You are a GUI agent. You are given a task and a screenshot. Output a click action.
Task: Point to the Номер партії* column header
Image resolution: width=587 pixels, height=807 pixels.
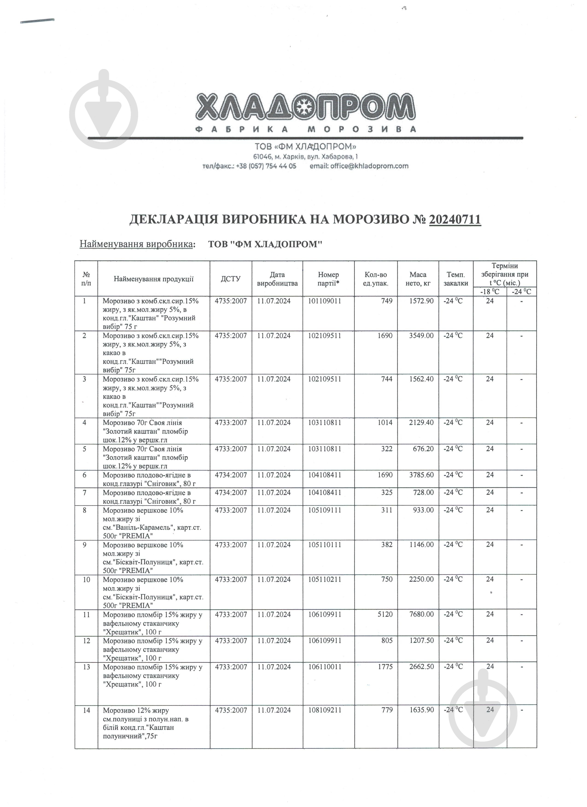tap(328, 279)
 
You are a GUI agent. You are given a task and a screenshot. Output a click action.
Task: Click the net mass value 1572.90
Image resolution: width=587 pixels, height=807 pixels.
tap(421, 301)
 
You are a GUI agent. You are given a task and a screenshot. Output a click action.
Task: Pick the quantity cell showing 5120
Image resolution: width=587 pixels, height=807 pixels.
tap(385, 614)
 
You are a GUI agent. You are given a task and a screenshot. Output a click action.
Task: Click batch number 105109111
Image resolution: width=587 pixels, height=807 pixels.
tap(325, 510)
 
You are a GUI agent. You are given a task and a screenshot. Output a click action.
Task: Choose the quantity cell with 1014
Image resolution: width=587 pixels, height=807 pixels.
tap(385, 423)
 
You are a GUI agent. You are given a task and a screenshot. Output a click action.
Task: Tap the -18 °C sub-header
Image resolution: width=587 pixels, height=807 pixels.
tap(490, 292)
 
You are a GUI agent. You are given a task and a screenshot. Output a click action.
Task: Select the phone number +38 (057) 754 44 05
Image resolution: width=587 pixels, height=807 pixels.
tap(266, 166)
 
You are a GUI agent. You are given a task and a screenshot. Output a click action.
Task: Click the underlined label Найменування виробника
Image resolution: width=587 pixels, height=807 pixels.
tap(137, 244)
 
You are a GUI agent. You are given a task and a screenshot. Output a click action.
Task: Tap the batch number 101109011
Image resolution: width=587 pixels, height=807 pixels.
tap(325, 301)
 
